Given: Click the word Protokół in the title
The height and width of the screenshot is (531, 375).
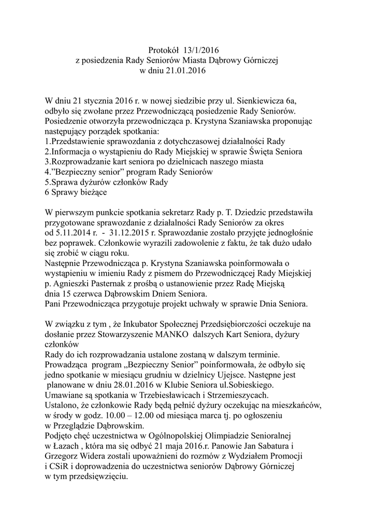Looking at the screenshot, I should (x=164, y=50).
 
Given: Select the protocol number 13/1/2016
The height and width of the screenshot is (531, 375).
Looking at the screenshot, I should (x=201, y=50).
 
